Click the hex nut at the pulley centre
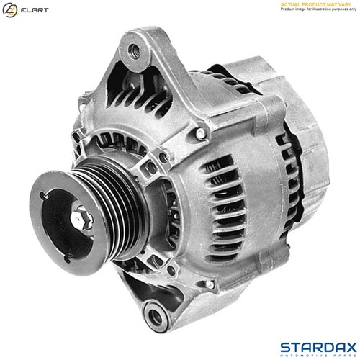(x=81, y=214)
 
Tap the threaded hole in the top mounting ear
(x=133, y=50)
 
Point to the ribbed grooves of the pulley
(x=108, y=202)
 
